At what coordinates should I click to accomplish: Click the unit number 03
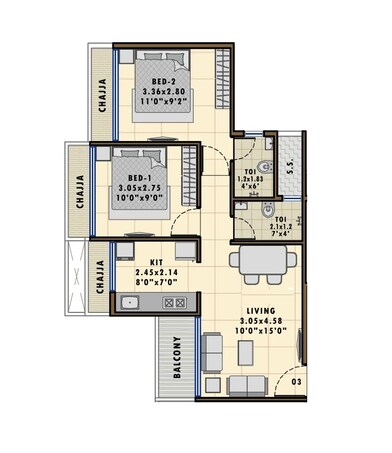tap(296, 381)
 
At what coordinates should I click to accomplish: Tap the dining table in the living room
tap(261, 263)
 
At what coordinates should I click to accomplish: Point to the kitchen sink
tap(129, 301)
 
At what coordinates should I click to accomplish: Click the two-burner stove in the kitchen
tap(171, 301)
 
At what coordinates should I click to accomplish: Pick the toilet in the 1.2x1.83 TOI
tap(263, 167)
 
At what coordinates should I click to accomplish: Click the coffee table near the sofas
tap(244, 353)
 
